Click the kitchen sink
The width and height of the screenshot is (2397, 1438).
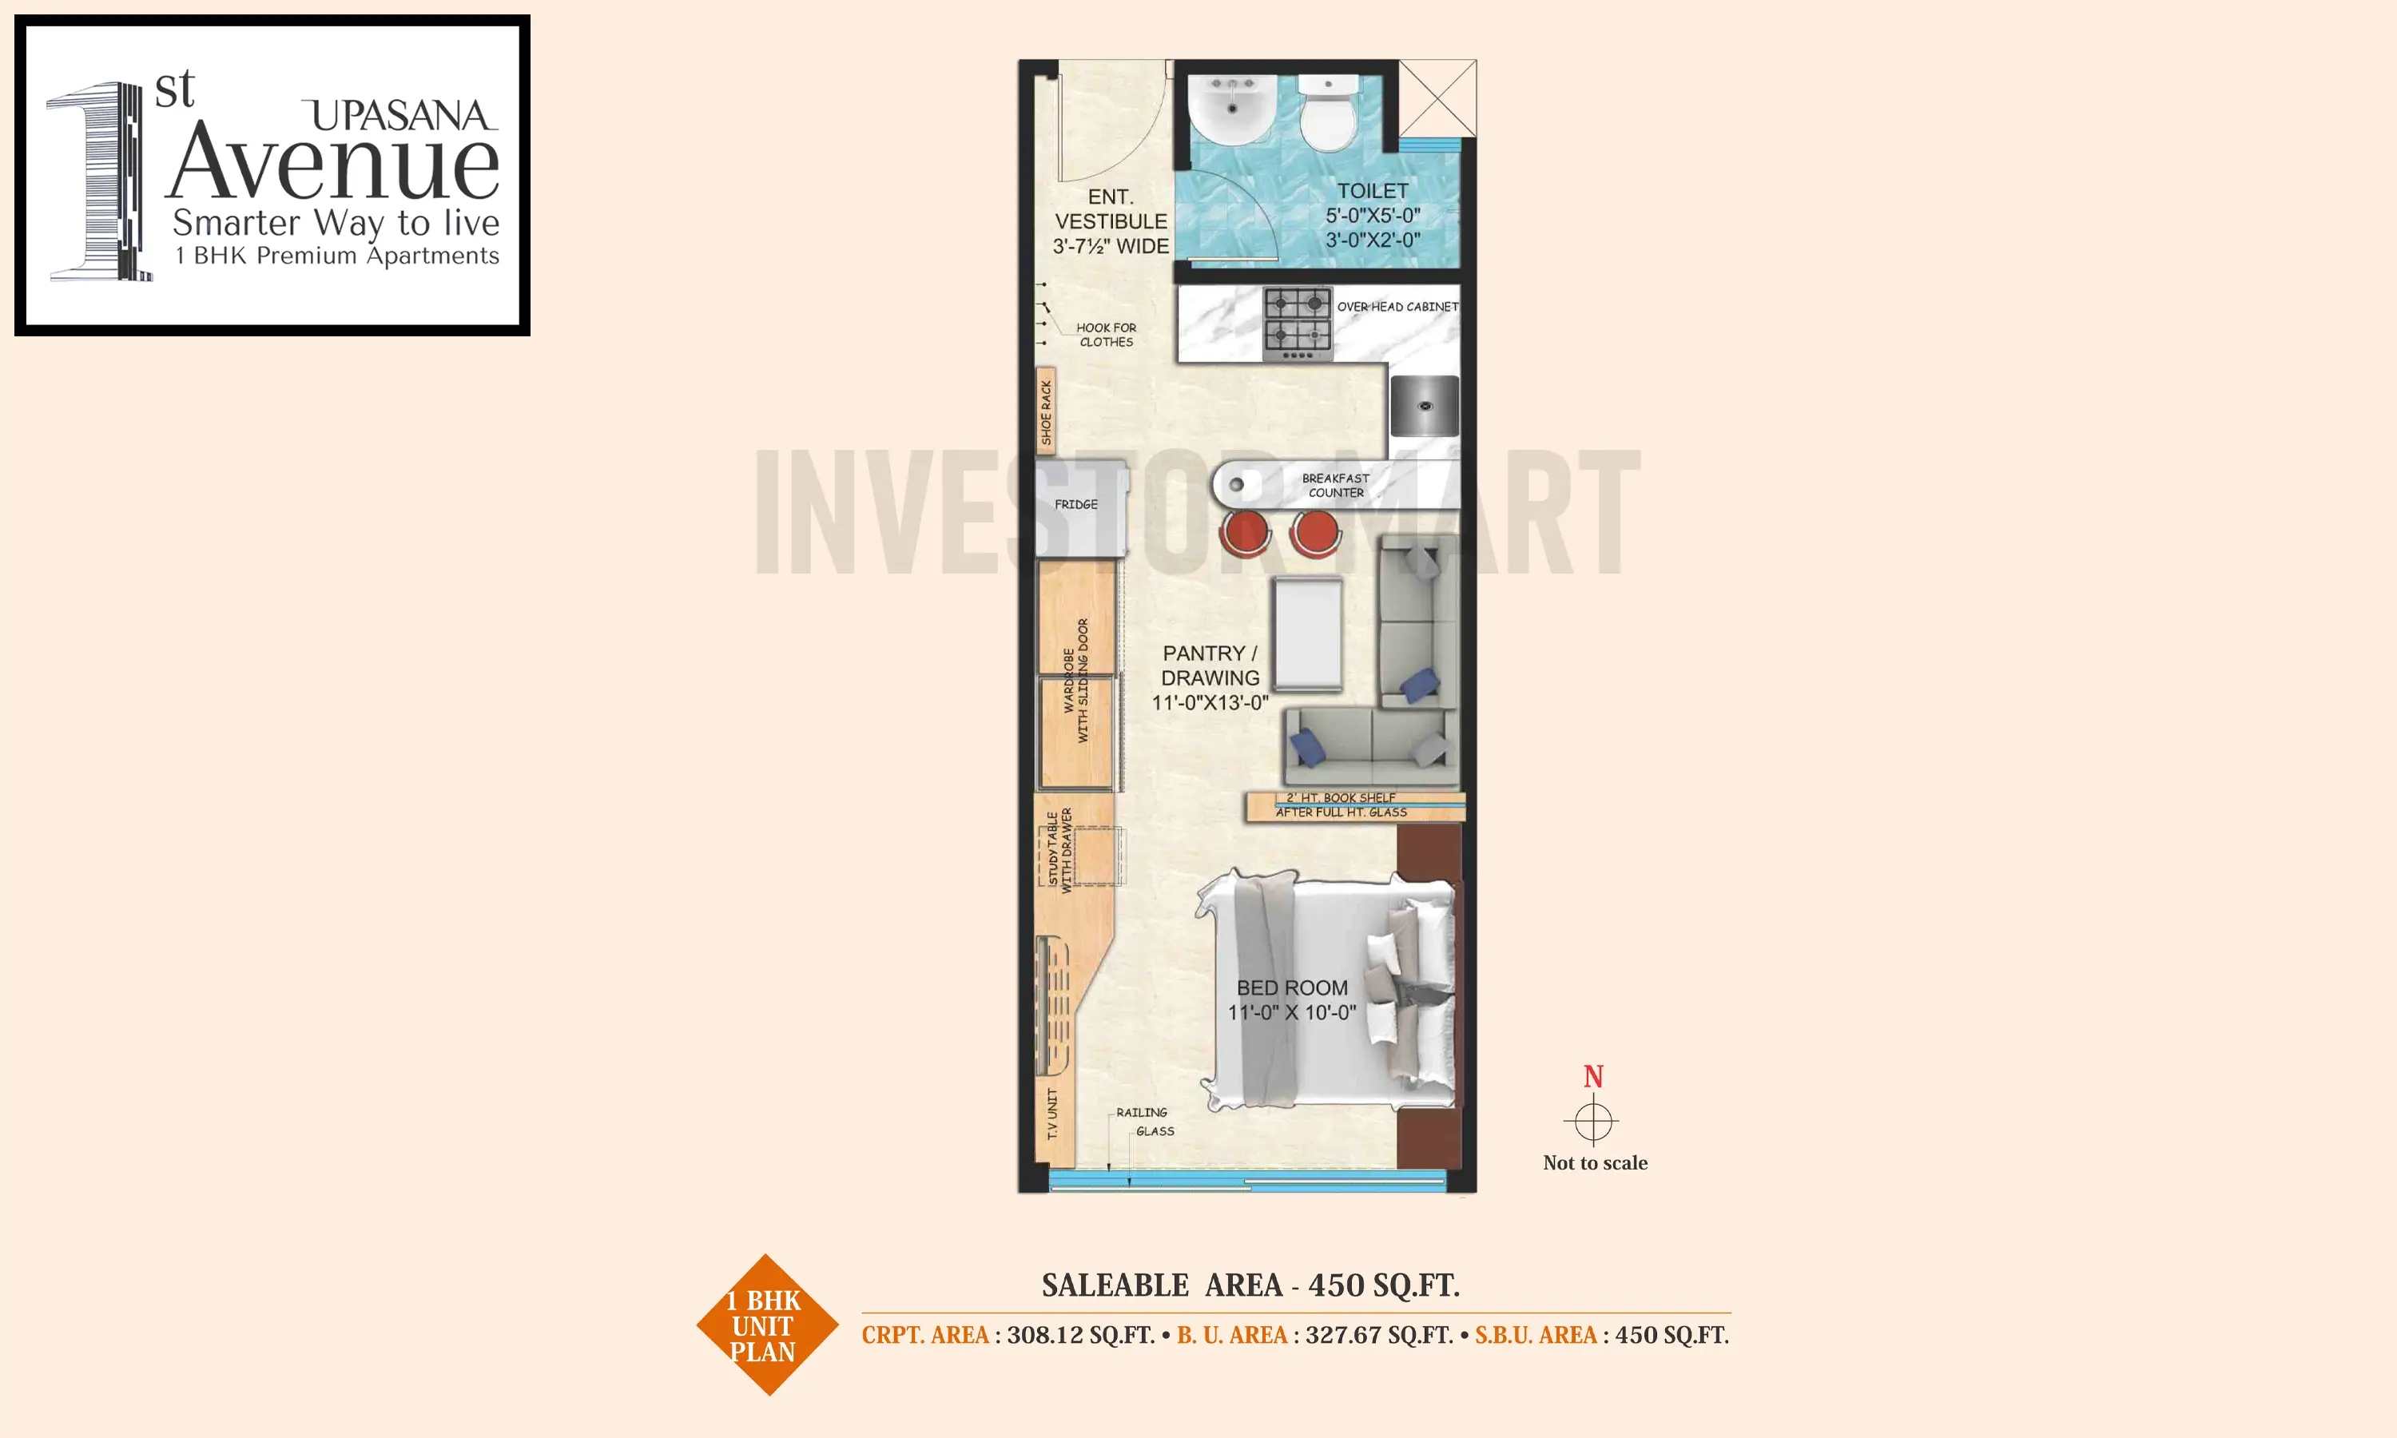[1425, 406]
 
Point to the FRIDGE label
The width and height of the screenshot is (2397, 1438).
[1075, 505]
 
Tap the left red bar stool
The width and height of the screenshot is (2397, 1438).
[1244, 533]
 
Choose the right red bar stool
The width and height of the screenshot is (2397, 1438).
[1315, 533]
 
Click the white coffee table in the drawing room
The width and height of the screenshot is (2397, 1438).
[1308, 634]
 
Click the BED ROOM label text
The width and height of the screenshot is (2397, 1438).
[1291, 988]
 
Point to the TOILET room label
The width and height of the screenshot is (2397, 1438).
[1372, 192]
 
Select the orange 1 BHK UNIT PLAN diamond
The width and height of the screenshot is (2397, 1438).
[766, 1325]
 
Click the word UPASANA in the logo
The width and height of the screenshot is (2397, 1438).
[399, 117]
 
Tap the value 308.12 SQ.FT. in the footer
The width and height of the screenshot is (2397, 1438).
[1080, 1335]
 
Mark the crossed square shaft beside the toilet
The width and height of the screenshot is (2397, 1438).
[1437, 98]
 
